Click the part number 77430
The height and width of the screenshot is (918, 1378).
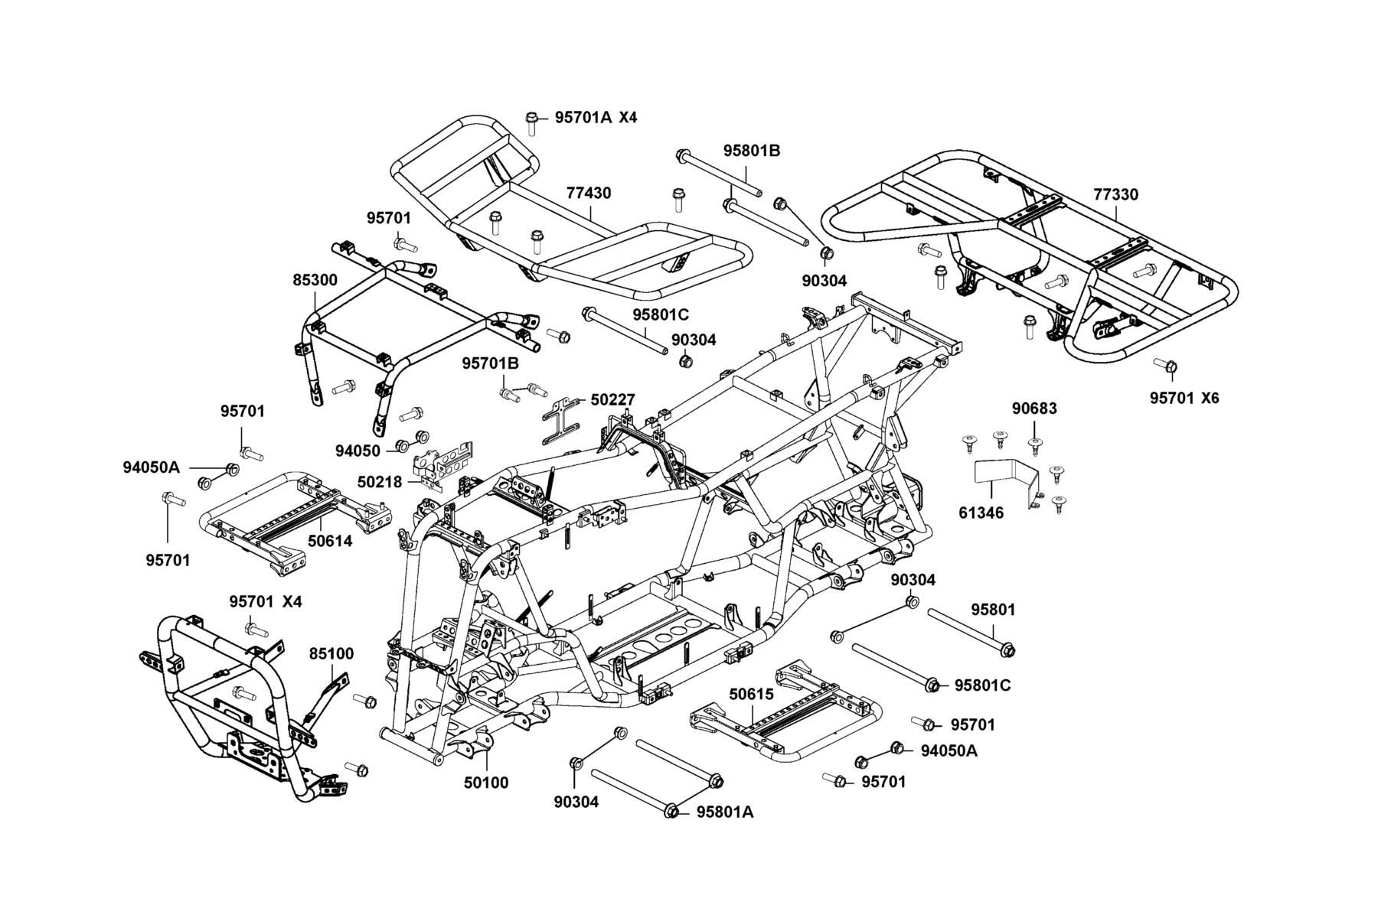[589, 194]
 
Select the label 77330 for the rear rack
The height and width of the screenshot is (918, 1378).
[1115, 195]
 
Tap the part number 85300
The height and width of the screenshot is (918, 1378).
[315, 281]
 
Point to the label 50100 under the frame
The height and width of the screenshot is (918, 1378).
[486, 783]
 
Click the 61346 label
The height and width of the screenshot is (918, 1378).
[981, 513]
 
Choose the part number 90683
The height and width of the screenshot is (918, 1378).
[1034, 409]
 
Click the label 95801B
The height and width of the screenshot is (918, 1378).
[752, 151]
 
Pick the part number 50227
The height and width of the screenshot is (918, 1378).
[612, 399]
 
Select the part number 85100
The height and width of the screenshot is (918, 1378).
[331, 654]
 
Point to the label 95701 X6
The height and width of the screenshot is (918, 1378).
[1184, 399]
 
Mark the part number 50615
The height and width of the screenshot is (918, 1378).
[751, 695]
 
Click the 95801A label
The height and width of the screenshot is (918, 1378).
[725, 812]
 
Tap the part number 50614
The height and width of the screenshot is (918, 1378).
[330, 542]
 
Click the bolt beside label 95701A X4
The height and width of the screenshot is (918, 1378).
[531, 122]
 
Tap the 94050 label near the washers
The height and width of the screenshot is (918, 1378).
[358, 450]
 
